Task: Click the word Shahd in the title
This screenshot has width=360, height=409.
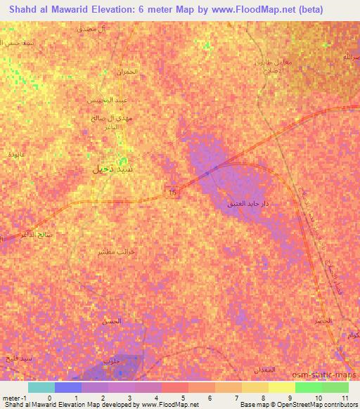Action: [x=20, y=9]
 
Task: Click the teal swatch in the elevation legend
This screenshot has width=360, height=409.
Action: [x=41, y=387]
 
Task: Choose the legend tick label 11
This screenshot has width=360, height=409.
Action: [x=344, y=398]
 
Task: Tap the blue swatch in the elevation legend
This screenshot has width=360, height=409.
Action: [x=69, y=387]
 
